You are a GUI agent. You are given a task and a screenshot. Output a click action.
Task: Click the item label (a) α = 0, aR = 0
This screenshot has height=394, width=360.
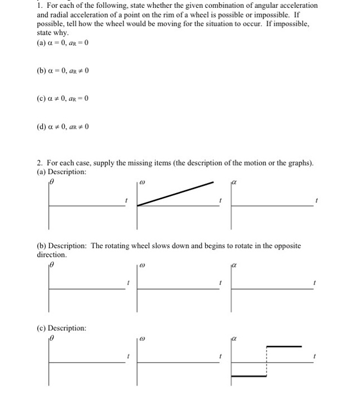(x=61, y=43)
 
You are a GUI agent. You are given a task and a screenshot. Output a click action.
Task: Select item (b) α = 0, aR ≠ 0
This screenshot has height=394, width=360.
(x=61, y=71)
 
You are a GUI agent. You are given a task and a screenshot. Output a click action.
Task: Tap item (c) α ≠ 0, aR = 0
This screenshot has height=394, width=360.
(x=61, y=98)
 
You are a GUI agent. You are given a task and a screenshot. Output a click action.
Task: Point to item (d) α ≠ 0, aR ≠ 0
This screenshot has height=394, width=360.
(x=61, y=126)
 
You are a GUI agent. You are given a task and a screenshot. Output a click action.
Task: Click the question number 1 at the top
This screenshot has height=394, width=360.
(x=34, y=5)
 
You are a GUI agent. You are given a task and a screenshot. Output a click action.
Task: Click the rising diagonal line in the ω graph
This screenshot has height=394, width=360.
(x=176, y=194)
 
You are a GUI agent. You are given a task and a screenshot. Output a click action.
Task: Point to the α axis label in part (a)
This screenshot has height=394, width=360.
(x=235, y=182)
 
